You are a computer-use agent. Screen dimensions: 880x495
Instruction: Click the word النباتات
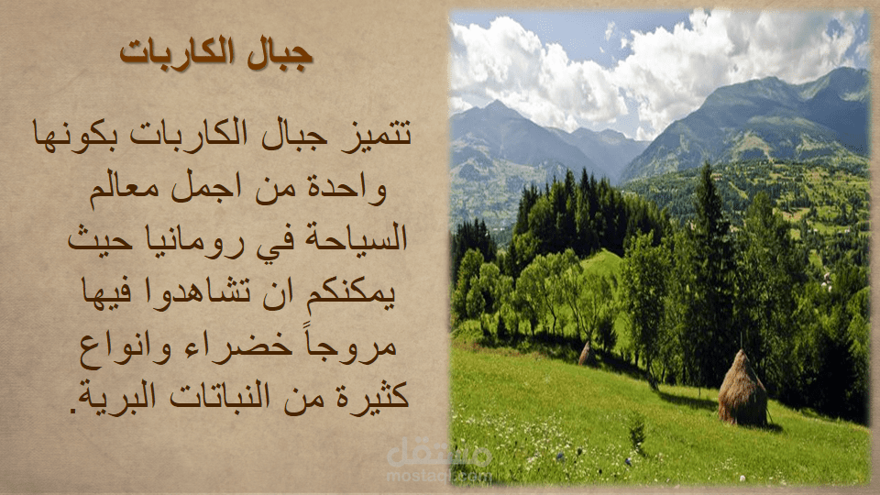[x=221, y=396]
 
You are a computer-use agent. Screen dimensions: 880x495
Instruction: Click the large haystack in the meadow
[x=742, y=388]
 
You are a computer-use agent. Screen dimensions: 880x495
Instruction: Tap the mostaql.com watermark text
[x=439, y=477]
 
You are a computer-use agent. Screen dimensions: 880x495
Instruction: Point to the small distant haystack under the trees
[x=588, y=354]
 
